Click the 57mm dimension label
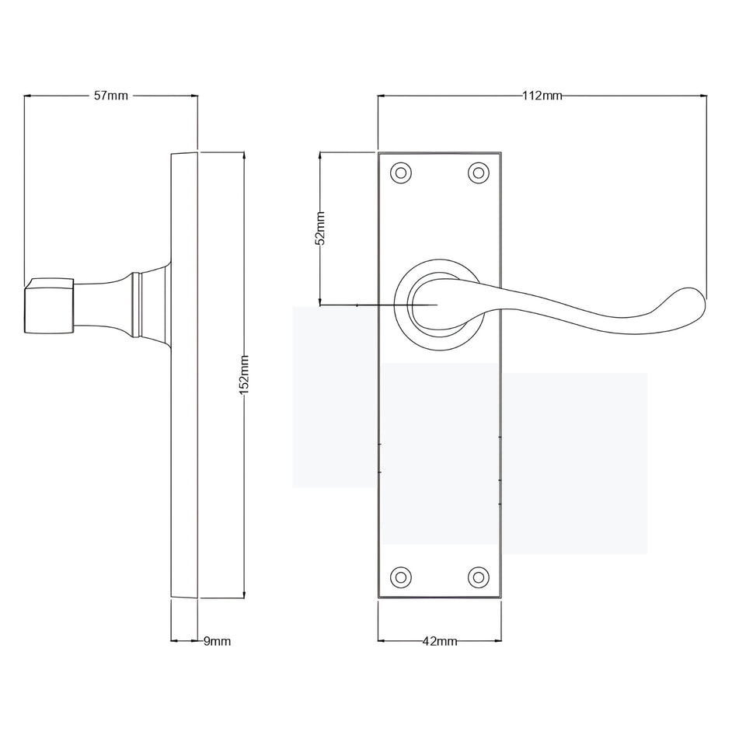pyautogui.click(x=111, y=96)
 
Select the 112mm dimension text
pyautogui.click(x=542, y=96)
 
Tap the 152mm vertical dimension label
pyautogui.click(x=244, y=375)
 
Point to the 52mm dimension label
pyautogui.click(x=321, y=228)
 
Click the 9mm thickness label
pyautogui.click(x=217, y=641)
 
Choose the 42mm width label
pyautogui.click(x=440, y=641)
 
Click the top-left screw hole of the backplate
pyautogui.click(x=401, y=173)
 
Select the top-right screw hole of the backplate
pyautogui.click(x=479, y=173)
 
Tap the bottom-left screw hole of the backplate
pyautogui.click(x=401, y=577)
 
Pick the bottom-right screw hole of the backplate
pyautogui.click(x=479, y=577)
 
